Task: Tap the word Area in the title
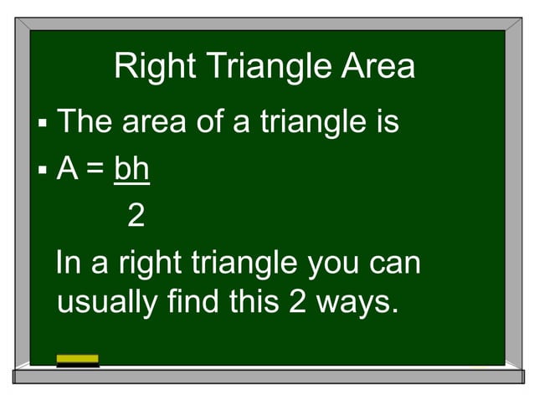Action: pyautogui.click(x=377, y=67)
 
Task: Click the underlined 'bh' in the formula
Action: pyautogui.click(x=131, y=170)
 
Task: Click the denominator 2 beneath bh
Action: pyautogui.click(x=136, y=217)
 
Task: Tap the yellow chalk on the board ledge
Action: pyautogui.click(x=77, y=360)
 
